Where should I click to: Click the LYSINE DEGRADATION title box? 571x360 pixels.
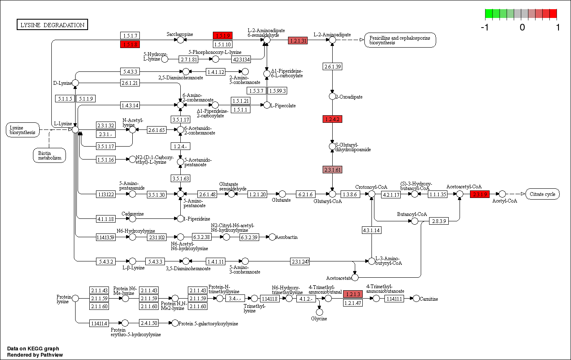click(x=52, y=25)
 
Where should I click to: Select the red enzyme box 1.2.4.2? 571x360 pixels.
click(x=332, y=119)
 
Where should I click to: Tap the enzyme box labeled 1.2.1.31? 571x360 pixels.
click(x=298, y=41)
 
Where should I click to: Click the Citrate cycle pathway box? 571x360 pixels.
click(x=542, y=194)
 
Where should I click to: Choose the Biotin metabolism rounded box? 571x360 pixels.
click(x=50, y=155)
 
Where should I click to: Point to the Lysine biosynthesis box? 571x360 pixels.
click(x=23, y=130)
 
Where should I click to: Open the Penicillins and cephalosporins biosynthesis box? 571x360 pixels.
click(x=400, y=40)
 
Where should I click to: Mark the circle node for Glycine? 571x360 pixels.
click(x=319, y=312)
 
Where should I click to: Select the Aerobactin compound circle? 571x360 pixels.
click(x=272, y=237)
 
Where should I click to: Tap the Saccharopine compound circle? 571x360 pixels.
click(x=180, y=40)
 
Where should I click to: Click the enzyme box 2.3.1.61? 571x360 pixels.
click(x=332, y=170)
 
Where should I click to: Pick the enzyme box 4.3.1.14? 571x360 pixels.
click(x=371, y=230)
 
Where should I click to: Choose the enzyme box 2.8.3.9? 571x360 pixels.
click(x=439, y=221)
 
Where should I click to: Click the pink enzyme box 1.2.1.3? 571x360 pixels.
click(x=352, y=294)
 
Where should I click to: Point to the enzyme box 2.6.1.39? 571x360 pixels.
click(x=332, y=66)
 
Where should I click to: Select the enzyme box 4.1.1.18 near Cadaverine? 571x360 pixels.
click(x=106, y=218)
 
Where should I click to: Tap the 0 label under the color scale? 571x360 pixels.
click(x=522, y=27)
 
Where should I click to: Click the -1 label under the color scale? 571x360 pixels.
click(x=485, y=27)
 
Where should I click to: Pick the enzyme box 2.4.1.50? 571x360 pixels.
click(x=149, y=323)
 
